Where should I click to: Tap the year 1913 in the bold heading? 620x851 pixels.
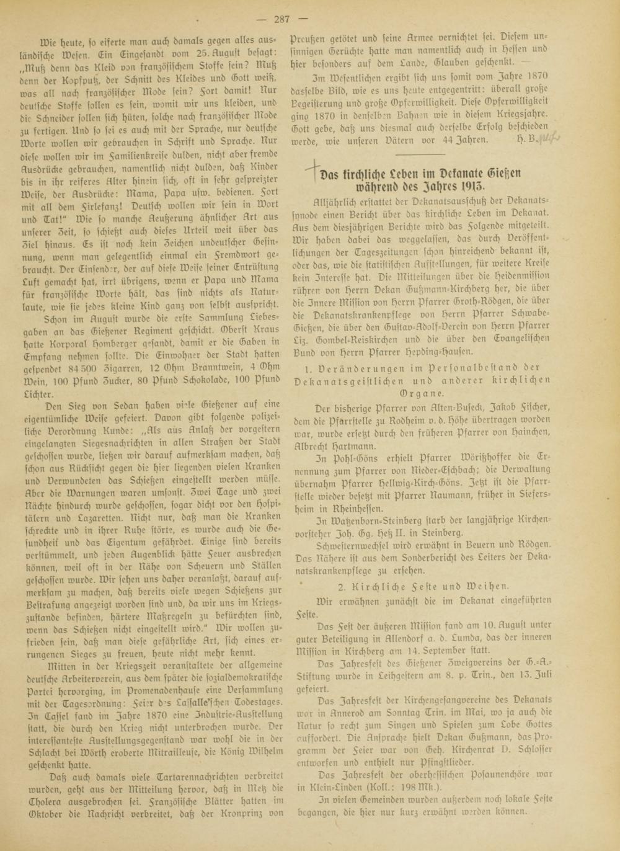click(474, 185)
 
